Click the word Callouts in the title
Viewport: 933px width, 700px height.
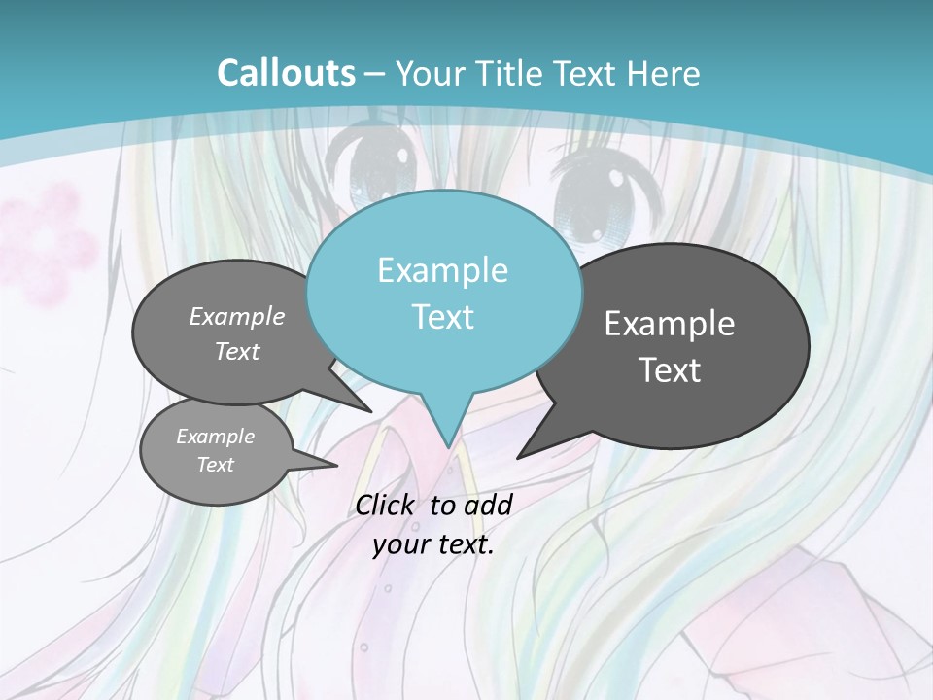coord(286,73)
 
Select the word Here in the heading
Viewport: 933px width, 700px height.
coord(663,74)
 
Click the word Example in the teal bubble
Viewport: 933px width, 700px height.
coord(442,270)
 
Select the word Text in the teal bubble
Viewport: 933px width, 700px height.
coord(443,317)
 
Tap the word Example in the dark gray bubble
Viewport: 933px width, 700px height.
coord(669,324)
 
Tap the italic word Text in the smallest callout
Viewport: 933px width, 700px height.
coord(215,465)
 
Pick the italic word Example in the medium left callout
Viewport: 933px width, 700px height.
coord(236,317)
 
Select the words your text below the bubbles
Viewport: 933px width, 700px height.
coord(432,544)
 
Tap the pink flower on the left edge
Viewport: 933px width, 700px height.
coord(49,238)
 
